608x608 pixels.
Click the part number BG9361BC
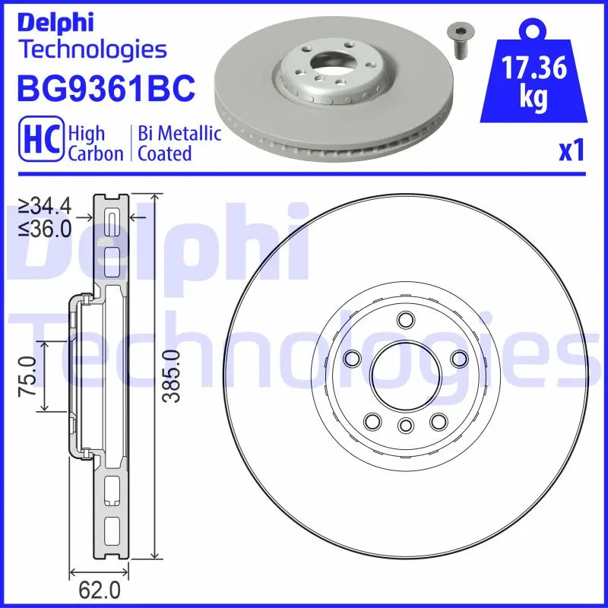106,90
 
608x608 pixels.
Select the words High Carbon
95,143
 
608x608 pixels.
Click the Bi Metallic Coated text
179,143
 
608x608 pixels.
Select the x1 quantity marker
572,152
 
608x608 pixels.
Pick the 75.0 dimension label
29,376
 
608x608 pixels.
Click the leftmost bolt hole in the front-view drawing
351,358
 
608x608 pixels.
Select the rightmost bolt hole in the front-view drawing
459,358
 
